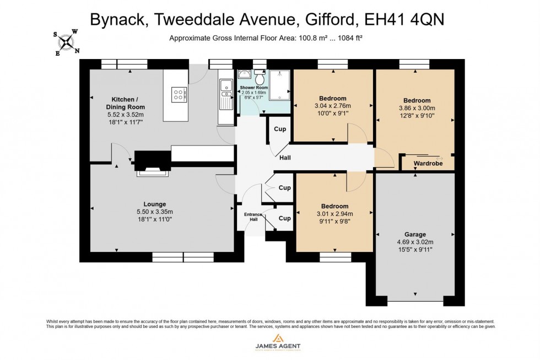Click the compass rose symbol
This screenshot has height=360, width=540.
point(66,42)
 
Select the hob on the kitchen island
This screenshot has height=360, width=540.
point(179,95)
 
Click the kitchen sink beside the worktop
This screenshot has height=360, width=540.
point(225,92)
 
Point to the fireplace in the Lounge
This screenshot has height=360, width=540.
point(150,164)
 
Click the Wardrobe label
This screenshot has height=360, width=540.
point(429,164)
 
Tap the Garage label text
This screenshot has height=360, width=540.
point(414,234)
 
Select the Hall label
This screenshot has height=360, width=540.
point(285,158)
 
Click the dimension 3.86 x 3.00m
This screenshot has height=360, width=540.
point(416,109)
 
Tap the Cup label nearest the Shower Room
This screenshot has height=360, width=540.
point(280,129)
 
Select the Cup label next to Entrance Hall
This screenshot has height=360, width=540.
point(284,218)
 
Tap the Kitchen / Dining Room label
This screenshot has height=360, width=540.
point(117,103)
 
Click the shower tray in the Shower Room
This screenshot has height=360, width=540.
point(280,85)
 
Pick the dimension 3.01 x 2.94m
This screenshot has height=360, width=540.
point(334,214)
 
